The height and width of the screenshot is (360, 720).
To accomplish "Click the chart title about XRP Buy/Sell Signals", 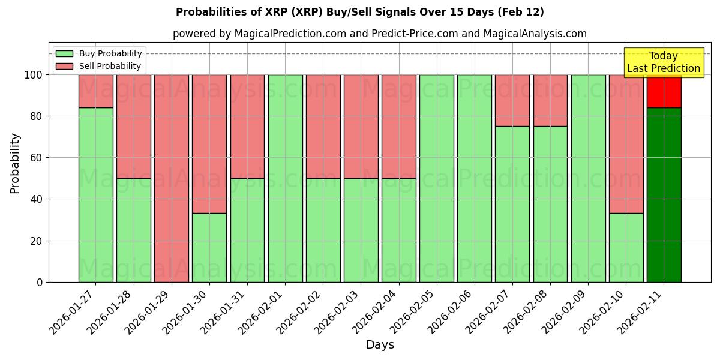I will [x=359, y=12].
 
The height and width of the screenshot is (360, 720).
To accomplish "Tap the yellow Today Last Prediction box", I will [x=663, y=62].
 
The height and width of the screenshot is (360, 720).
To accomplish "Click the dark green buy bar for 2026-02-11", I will [x=664, y=195].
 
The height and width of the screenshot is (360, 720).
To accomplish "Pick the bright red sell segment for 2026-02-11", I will [x=664, y=91].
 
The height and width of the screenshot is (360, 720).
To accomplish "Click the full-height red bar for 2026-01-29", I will [x=172, y=178].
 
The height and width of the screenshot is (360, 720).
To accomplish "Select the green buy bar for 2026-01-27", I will [x=96, y=195].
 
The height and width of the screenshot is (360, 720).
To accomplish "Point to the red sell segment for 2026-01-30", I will [x=209, y=144].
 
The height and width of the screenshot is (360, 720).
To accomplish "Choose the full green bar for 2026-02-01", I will [x=285, y=178].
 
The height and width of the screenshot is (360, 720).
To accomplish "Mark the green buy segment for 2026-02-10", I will [x=626, y=247].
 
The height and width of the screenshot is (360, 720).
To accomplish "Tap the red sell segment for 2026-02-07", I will [x=512, y=100].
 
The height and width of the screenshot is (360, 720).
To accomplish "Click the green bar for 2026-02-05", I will [x=436, y=178].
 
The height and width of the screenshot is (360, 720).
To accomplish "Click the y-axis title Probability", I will [x=15, y=163].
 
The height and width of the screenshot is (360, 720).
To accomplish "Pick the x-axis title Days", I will [x=380, y=345].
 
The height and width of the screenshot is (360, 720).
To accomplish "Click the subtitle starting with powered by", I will [x=379, y=34].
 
